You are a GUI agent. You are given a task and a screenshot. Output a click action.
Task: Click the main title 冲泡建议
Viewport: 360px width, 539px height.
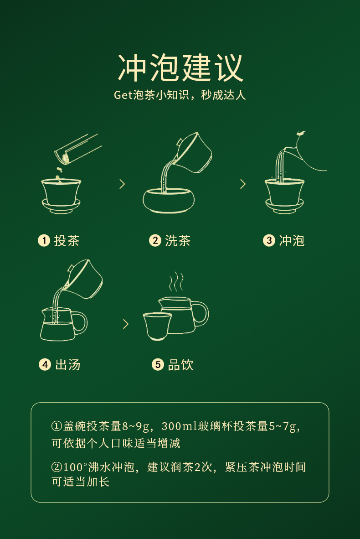180,68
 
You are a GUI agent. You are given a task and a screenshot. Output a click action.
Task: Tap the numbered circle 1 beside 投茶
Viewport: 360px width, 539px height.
44,240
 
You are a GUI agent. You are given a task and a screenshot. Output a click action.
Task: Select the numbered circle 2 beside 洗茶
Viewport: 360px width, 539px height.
155,240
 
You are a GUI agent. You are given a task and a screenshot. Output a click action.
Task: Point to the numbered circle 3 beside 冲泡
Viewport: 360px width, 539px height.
269,240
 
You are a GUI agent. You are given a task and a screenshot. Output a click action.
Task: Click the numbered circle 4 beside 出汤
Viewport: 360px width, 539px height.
45,364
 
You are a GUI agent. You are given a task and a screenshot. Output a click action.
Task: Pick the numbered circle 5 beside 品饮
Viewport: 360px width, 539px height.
158,364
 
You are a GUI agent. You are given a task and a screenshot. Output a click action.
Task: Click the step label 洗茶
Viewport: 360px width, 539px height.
178,241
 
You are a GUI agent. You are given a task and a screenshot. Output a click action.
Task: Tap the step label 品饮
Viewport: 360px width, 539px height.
181,365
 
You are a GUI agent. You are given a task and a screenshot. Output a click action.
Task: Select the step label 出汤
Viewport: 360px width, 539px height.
68,365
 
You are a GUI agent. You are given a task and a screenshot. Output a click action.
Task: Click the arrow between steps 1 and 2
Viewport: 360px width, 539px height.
117,184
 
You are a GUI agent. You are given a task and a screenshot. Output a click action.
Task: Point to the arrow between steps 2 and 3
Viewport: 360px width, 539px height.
238,184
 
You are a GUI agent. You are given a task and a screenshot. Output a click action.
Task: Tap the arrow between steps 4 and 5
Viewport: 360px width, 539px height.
121,324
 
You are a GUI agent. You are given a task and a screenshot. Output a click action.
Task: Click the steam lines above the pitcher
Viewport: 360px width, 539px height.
176,282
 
